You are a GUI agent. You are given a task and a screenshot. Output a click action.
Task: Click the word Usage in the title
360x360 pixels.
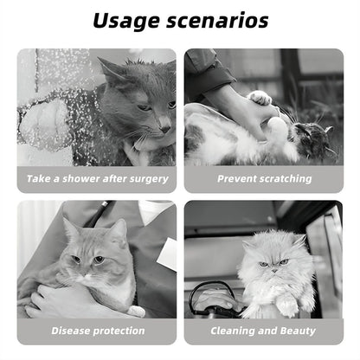coord(126,20)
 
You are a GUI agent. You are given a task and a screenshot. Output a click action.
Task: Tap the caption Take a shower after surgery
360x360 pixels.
coord(96,178)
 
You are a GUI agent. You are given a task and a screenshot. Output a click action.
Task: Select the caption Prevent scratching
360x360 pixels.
coord(264,178)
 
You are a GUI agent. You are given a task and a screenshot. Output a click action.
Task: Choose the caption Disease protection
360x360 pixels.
coord(96,331)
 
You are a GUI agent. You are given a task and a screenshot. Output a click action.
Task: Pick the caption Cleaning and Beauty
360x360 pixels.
coord(264,331)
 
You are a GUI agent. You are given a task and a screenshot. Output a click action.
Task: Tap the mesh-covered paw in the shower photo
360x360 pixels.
coord(48,121)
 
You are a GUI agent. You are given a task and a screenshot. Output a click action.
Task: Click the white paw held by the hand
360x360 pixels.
coord(259,99)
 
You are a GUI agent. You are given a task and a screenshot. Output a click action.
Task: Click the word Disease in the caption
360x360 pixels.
coord(71,331)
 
